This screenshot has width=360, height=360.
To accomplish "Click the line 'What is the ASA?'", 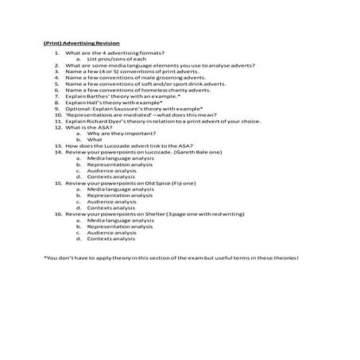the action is click(88, 127).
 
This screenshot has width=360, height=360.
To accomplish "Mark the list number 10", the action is click(58, 115).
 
